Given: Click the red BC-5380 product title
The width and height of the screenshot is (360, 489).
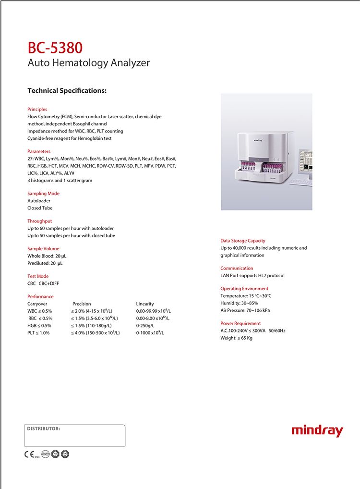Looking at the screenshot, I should [x=55, y=48].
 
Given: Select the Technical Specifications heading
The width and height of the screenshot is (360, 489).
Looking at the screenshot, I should [x=67, y=90].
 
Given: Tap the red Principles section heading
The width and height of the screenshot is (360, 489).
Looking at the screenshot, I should [x=37, y=109].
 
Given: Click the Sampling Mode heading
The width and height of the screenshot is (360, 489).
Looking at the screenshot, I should [x=44, y=193].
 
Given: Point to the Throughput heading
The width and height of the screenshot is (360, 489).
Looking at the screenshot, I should [x=40, y=221].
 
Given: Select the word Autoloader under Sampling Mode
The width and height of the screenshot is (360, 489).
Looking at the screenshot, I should [x=39, y=201].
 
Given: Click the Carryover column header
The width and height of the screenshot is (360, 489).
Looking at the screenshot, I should [x=37, y=304].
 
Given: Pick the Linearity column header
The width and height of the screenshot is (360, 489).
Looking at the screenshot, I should [x=145, y=304].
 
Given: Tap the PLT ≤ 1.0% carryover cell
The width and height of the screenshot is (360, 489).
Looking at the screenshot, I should [x=38, y=333].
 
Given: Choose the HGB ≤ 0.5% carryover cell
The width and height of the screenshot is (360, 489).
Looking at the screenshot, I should [x=40, y=326].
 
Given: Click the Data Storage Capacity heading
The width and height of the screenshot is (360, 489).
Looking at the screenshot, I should [x=243, y=241].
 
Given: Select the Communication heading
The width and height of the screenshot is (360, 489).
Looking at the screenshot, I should [x=237, y=268].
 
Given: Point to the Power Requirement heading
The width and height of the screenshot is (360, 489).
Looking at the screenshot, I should [x=240, y=323].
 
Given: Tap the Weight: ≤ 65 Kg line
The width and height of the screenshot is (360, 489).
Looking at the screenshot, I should [x=237, y=338].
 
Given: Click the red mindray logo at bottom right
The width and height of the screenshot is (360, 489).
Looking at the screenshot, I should [x=317, y=430].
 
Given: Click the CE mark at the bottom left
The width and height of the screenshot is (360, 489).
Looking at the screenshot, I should [x=29, y=453].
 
